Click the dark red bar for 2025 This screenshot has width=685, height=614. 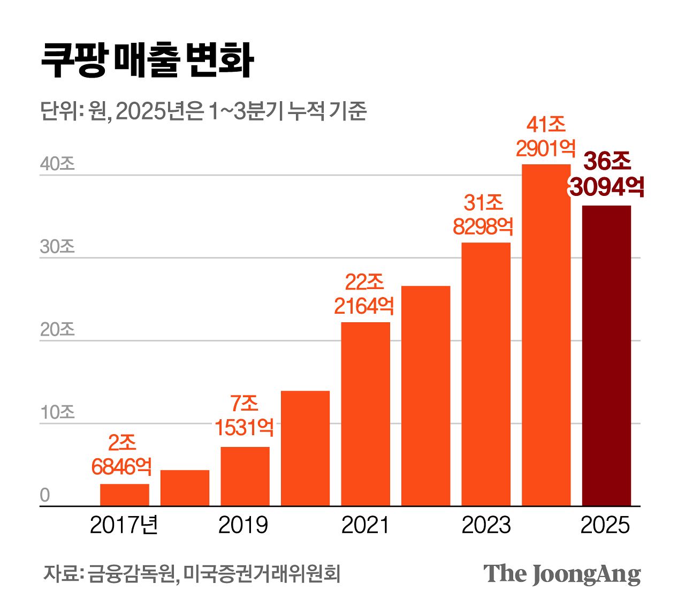point(606,355)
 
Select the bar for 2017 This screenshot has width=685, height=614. point(125,495)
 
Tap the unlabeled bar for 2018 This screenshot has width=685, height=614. point(185,488)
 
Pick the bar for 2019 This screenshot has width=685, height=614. point(245,476)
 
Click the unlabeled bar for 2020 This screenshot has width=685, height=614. point(305,448)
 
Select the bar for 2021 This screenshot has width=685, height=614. point(366,414)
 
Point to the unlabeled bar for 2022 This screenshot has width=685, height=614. point(425,396)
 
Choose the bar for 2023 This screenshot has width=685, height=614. point(486,374)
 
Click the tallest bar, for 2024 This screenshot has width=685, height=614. point(546,335)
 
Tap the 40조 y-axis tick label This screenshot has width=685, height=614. point(57,164)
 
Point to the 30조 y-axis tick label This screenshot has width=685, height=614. point(57,247)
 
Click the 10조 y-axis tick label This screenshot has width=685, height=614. point(57,412)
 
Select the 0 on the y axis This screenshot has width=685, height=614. point(45,495)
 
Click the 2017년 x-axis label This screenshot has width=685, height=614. point(124,525)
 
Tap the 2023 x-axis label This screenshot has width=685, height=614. point(486,525)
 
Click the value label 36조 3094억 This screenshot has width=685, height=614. point(606,174)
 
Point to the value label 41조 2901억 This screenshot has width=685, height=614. point(546,137)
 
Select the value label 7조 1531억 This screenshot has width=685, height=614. point(245,415)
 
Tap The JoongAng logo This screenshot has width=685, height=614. point(562,574)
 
